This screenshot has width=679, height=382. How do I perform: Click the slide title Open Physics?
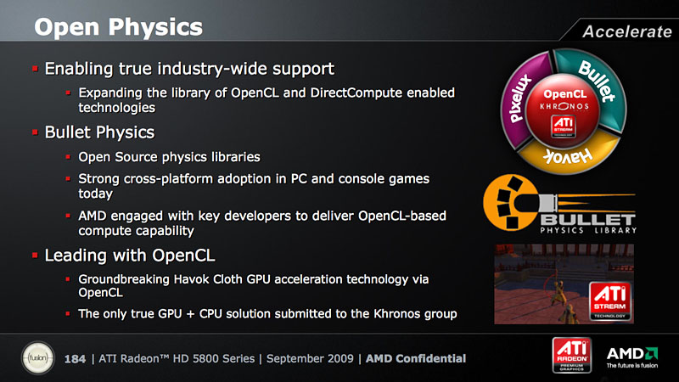(118, 27)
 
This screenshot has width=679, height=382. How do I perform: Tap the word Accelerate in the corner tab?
(627, 31)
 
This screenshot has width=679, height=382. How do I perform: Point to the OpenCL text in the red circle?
(564, 94)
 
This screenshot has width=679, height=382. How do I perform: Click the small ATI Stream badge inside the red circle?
(563, 126)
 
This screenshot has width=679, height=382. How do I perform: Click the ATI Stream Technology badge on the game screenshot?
(609, 301)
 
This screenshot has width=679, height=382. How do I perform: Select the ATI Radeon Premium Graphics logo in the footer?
(571, 356)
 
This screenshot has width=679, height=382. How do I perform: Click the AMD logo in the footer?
(632, 357)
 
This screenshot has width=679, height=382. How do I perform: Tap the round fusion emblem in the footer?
(37, 358)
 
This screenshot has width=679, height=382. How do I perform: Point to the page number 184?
(75, 359)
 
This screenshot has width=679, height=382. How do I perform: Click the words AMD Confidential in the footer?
(416, 358)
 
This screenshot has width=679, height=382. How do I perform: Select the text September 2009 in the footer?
(310, 359)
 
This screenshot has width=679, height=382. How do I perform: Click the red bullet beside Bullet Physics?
(35, 132)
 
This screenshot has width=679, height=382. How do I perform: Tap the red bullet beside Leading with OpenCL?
(35, 256)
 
